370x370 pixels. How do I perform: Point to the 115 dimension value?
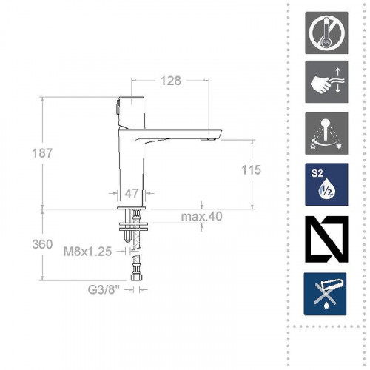(x=251, y=169)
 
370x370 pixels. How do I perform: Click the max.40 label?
(x=202, y=217)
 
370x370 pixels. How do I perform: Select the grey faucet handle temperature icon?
(x=326, y=133)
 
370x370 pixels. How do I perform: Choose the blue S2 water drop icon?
(x=326, y=184)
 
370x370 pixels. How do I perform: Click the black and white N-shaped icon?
(x=326, y=237)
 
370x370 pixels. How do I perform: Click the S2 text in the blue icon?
(x=316, y=175)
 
